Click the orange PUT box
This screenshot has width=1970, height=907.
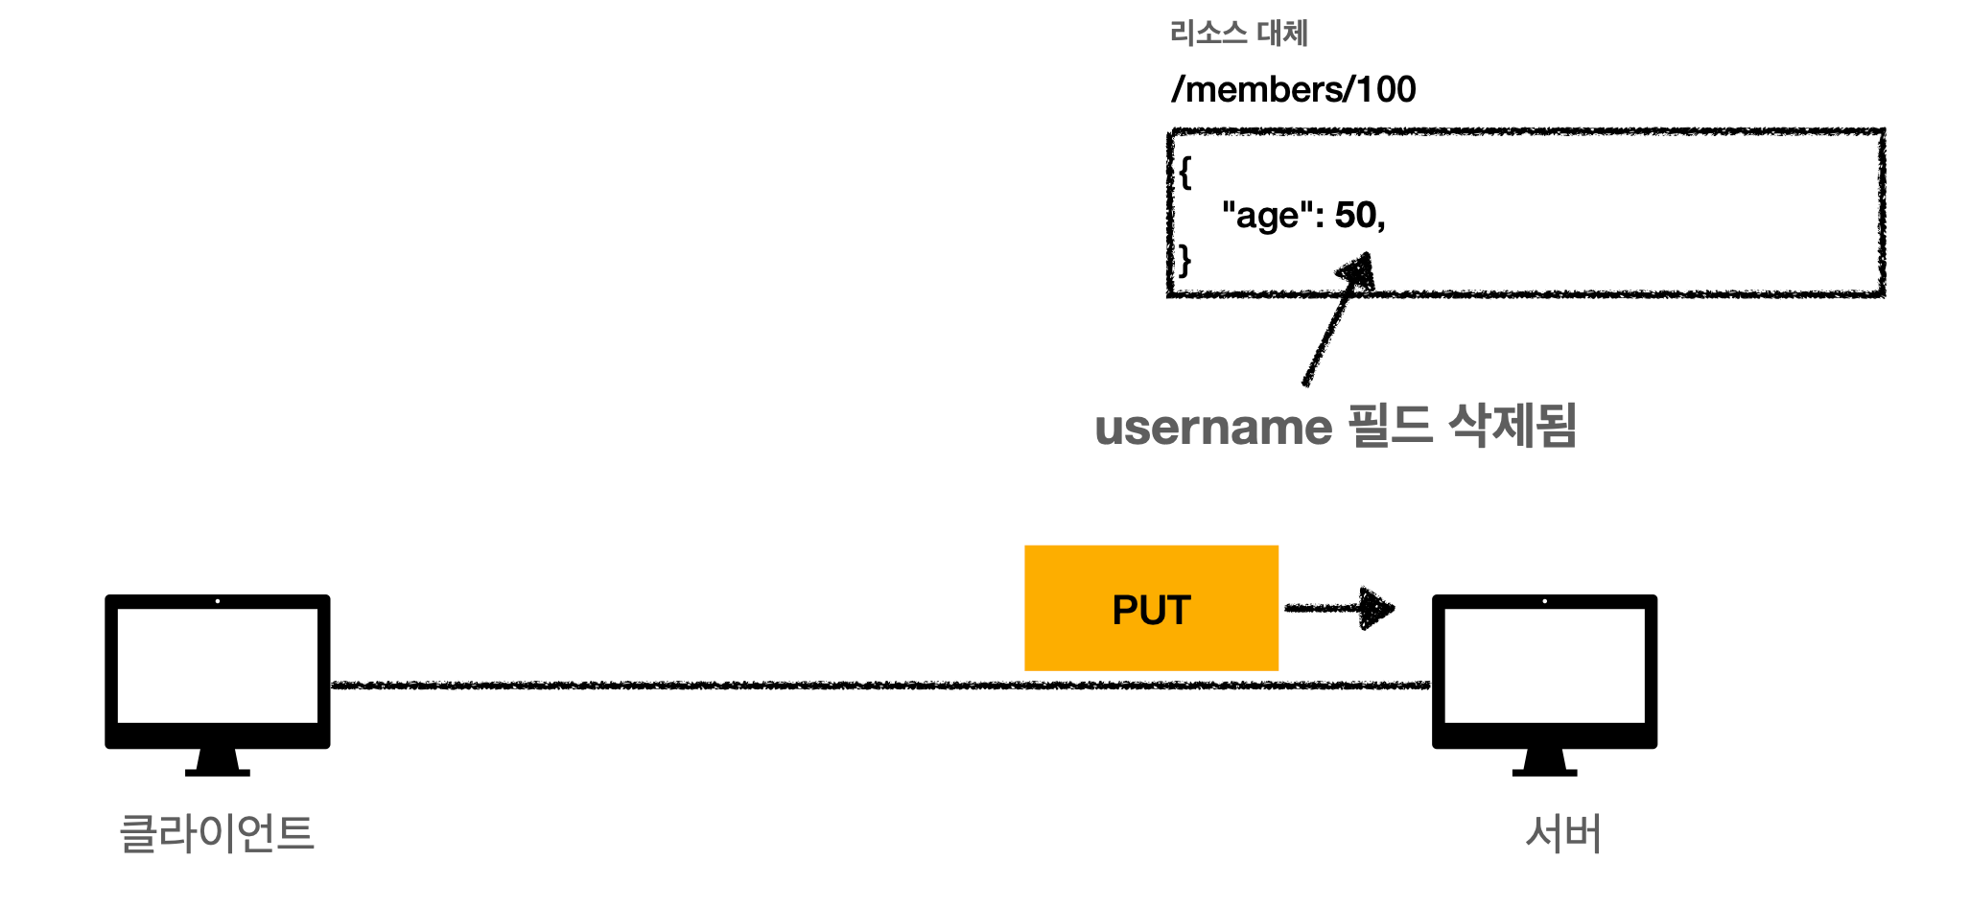click(1151, 608)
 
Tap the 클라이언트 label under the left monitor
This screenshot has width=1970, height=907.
click(217, 833)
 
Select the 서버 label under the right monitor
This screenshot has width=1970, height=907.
click(1563, 833)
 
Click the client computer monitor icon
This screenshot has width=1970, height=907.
click(218, 666)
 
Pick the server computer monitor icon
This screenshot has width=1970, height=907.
click(1544, 666)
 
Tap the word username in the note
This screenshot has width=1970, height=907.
click(1213, 428)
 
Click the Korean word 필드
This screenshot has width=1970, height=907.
click(1390, 426)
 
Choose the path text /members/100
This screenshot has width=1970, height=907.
click(1293, 89)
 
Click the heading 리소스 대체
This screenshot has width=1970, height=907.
click(1238, 34)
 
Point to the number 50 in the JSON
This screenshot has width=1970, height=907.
click(1356, 215)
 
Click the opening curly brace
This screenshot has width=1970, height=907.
click(1185, 173)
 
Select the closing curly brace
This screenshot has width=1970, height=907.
click(1185, 260)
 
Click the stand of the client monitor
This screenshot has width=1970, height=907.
click(218, 763)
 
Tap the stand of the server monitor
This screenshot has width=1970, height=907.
click(1544, 763)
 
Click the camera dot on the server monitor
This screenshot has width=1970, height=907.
click(1544, 601)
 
